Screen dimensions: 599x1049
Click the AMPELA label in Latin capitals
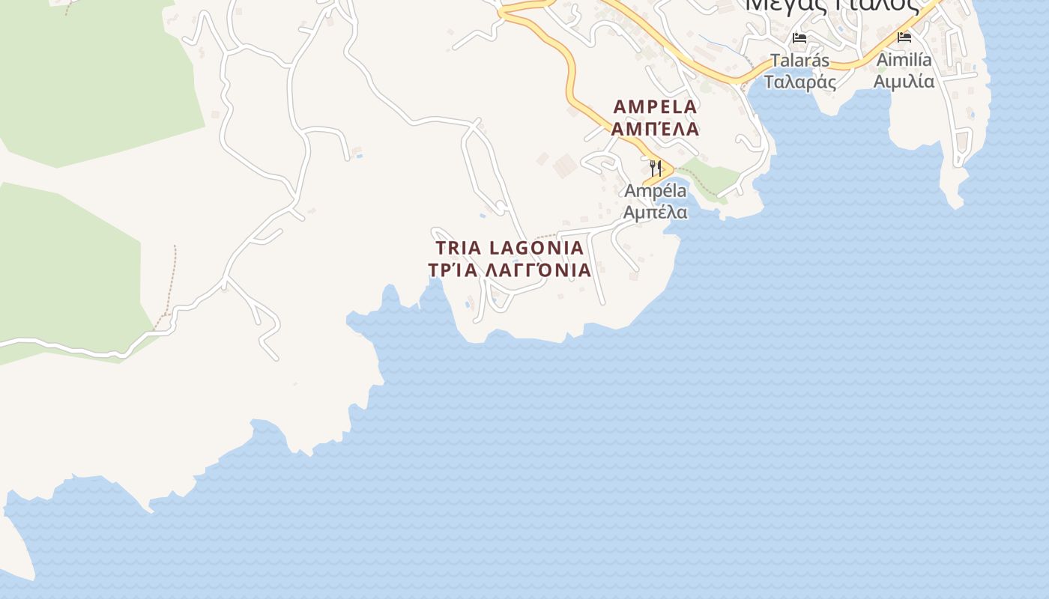click(655, 106)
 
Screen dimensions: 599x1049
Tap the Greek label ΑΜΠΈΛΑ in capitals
click(655, 129)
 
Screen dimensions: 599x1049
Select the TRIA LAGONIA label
click(510, 248)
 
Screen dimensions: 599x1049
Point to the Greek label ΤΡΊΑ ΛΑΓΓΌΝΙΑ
click(510, 270)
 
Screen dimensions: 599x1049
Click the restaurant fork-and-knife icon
click(656, 167)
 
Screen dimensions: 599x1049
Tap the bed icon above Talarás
click(799, 37)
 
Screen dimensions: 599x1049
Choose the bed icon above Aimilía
click(904, 37)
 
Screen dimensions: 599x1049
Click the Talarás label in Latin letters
click(800, 60)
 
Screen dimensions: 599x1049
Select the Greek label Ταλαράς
click(800, 82)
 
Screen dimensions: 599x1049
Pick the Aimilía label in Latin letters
click(904, 59)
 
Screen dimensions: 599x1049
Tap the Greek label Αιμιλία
click(904, 81)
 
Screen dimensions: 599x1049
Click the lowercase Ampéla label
click(656, 191)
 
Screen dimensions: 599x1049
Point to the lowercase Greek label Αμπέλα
click(656, 213)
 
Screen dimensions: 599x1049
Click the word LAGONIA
click(536, 248)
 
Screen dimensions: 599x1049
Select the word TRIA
click(459, 248)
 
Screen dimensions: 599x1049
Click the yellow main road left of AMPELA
click(571, 82)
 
